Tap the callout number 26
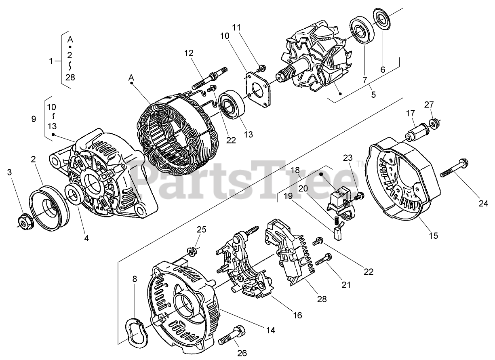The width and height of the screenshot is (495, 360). pyautogui.click(x=242, y=353)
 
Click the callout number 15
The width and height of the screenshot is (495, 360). pyautogui.click(x=433, y=235)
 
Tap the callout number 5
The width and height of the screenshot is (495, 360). pyautogui.click(x=373, y=95)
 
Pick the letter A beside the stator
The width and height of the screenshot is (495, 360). pyautogui.click(x=131, y=77)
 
